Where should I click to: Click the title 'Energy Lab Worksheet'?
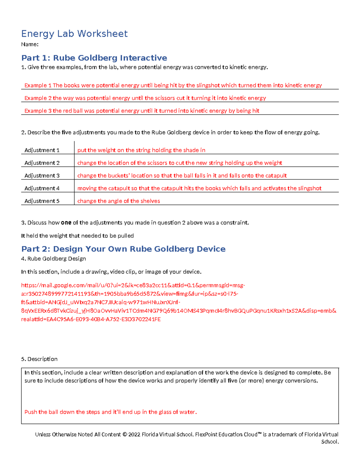[x=74, y=34]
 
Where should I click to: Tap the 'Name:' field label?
[x=30, y=44]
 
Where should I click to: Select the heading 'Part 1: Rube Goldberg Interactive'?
[x=94, y=58]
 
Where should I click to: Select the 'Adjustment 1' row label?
[x=42, y=150]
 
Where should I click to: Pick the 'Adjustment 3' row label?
[x=42, y=176]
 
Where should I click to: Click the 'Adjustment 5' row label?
[x=42, y=201]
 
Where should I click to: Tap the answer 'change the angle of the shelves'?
[x=118, y=201]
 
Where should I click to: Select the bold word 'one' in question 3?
[x=66, y=223]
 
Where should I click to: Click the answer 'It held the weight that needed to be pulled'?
[x=77, y=236]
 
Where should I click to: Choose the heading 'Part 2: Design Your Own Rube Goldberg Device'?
[x=123, y=249]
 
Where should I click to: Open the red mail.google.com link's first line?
[x=133, y=285]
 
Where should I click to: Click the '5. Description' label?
[x=39, y=359]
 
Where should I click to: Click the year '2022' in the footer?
[x=134, y=434]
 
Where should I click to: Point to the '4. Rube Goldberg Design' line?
[x=53, y=259]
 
